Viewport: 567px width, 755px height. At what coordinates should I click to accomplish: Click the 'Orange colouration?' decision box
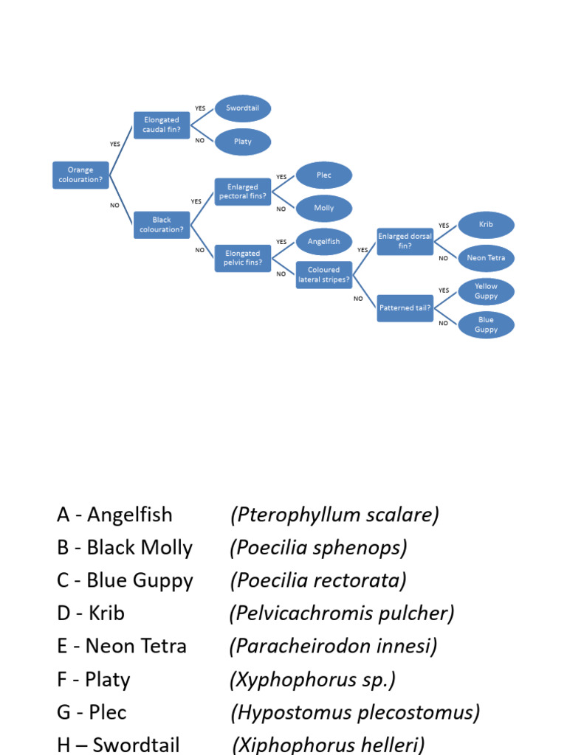pos(80,175)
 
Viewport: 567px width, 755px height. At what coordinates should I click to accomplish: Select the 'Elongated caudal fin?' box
pos(162,125)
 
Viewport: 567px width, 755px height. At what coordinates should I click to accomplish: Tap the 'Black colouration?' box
pos(162,225)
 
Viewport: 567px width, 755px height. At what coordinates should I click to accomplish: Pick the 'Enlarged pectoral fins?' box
pos(243,192)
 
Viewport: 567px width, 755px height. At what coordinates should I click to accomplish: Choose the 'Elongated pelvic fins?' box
pos(243,258)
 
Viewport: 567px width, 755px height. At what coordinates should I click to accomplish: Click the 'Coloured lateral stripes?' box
pos(324,274)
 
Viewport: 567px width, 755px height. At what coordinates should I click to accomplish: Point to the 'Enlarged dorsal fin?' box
pos(405,241)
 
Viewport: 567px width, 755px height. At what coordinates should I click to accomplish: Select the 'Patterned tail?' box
pos(405,308)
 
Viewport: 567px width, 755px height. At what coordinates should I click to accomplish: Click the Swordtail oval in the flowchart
pos(243,108)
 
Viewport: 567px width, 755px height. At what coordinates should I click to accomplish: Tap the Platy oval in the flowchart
pos(243,142)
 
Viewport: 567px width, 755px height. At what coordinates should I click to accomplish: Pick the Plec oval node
pos(324,175)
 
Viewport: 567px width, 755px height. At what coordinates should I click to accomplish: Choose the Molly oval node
pos(324,208)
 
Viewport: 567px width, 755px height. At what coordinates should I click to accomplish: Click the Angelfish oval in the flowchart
pos(324,242)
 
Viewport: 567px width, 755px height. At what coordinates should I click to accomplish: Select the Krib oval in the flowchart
pos(486,225)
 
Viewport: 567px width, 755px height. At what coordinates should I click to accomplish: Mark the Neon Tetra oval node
pos(486,258)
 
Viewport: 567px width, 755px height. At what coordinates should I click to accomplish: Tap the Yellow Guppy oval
pos(486,291)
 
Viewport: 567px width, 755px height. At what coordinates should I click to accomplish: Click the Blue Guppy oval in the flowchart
pos(486,324)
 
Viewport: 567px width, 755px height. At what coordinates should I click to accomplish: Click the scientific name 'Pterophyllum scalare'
pos(334,515)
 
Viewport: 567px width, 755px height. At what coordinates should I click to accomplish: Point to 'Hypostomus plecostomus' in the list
pos(355,712)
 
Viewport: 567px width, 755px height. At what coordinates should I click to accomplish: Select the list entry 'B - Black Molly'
pos(125,548)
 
